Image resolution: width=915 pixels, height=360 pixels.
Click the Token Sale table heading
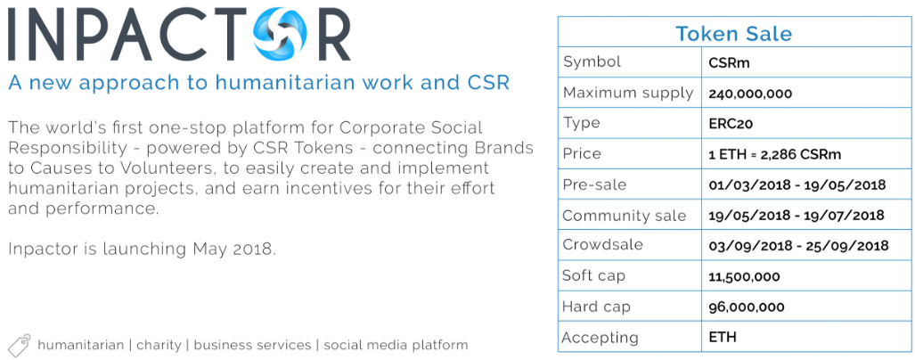click(733, 33)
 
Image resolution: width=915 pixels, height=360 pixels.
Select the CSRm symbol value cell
click(729, 63)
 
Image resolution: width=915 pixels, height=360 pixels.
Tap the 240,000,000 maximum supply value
click(750, 94)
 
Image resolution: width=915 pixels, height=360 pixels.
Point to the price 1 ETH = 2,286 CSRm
click(774, 155)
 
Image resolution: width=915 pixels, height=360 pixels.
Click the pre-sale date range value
click(797, 185)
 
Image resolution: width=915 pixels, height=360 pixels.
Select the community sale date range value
click(797, 216)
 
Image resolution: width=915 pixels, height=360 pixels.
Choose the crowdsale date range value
click(798, 246)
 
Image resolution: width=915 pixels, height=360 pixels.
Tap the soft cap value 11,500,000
click(744, 276)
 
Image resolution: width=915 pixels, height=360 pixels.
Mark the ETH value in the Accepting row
click(723, 337)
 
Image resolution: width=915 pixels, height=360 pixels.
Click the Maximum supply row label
click(628, 93)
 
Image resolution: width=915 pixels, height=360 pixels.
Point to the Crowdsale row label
click(602, 244)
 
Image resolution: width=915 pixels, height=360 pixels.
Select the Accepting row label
click(600, 338)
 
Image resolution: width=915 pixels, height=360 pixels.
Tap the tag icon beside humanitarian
click(20, 345)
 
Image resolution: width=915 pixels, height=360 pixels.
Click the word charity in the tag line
click(158, 345)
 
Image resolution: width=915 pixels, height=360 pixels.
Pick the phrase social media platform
click(396, 345)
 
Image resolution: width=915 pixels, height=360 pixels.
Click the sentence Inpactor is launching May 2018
click(142, 250)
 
